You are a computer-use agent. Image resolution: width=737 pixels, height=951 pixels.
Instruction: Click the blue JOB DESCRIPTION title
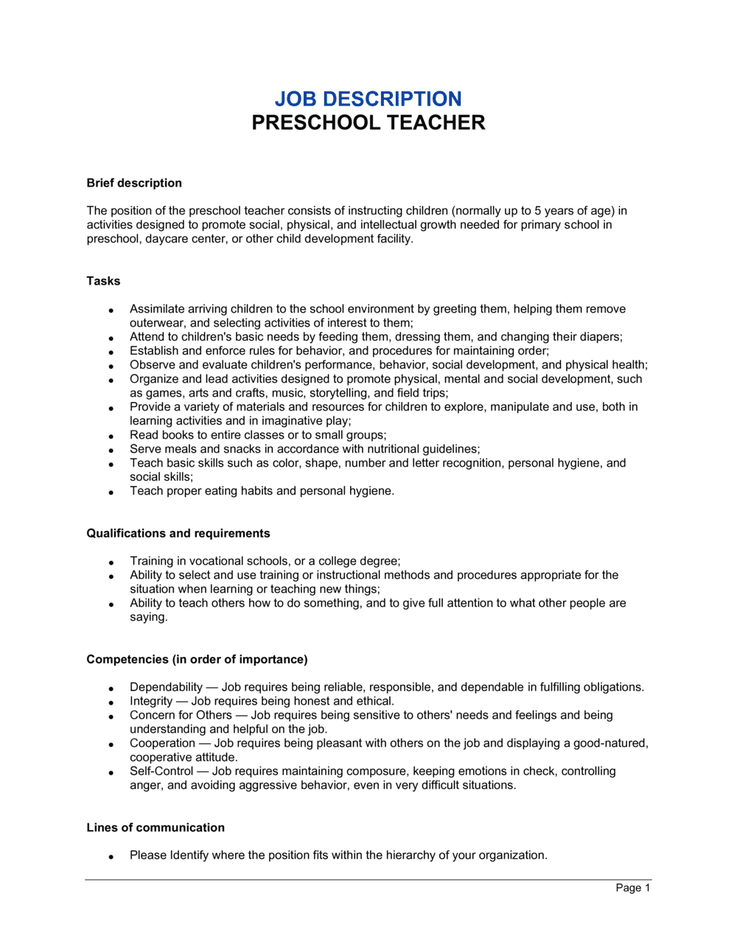[x=368, y=99]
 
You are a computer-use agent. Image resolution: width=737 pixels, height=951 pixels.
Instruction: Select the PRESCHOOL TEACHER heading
[x=368, y=122]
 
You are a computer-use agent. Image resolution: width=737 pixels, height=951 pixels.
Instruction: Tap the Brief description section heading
[x=134, y=183]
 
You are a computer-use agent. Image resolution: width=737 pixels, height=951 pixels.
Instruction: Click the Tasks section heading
[x=103, y=281]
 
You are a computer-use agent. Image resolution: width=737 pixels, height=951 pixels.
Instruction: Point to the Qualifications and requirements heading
[x=178, y=533]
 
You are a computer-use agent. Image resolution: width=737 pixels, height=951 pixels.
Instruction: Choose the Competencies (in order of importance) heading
[x=197, y=659]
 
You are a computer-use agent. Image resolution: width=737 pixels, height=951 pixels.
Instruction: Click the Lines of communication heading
[x=156, y=827]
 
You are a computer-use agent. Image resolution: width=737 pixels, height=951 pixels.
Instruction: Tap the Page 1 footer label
[x=633, y=888]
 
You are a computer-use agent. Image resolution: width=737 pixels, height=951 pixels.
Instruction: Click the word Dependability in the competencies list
[x=166, y=687]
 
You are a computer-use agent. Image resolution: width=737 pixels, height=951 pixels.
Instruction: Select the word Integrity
[x=151, y=701]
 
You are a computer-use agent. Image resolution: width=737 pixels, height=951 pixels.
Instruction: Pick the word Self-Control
[x=161, y=771]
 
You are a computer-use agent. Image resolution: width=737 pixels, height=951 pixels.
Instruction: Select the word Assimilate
[x=157, y=309]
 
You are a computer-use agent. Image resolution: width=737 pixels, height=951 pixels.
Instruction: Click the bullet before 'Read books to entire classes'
[x=111, y=436]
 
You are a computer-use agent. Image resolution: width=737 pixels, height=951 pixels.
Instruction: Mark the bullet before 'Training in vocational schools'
[x=111, y=562]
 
